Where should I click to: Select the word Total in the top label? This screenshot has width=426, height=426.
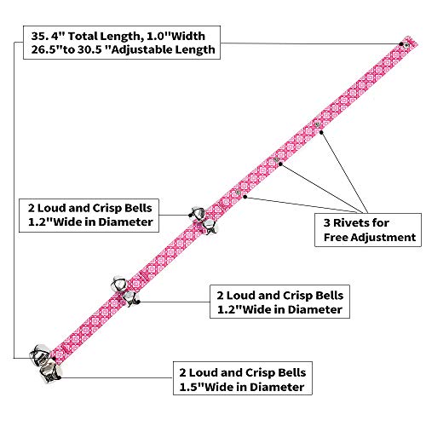point(83,36)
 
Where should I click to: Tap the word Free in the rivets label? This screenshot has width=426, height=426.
point(336,237)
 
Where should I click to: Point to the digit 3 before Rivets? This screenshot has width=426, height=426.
point(327,223)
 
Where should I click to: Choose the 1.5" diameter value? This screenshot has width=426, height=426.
point(192,387)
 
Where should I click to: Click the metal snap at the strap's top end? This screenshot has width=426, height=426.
point(406,45)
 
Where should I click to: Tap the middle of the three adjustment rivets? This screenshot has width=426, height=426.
point(276,160)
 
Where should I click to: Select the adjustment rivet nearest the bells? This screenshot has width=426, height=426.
point(238,193)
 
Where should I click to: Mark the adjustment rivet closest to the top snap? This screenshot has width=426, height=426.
point(317,124)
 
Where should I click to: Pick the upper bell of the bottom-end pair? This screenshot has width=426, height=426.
point(40,354)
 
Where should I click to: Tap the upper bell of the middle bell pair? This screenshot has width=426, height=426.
point(119,284)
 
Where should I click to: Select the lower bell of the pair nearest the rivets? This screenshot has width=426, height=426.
point(210,227)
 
